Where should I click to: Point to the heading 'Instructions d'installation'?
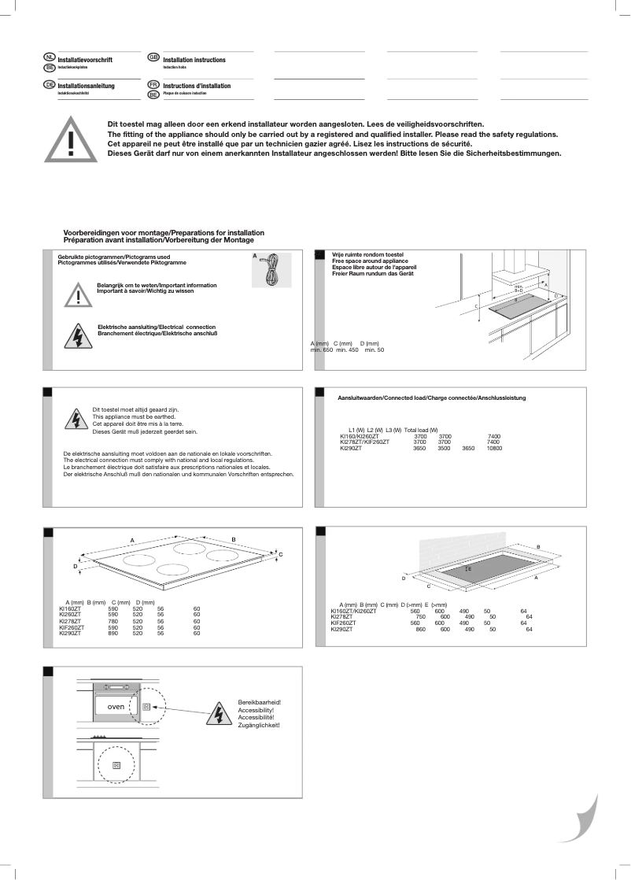pos(197,86)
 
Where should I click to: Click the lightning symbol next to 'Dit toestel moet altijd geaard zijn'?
pos(76,420)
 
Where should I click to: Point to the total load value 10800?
pos(494,448)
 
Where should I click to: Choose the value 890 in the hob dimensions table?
pos(113,633)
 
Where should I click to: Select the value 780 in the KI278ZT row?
pos(113,621)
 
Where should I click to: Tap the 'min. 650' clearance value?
pos(321,349)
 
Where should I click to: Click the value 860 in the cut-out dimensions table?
pos(420,629)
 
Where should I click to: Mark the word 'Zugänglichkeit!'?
pos(259,724)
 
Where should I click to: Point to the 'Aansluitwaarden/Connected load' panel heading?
pos(431,397)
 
